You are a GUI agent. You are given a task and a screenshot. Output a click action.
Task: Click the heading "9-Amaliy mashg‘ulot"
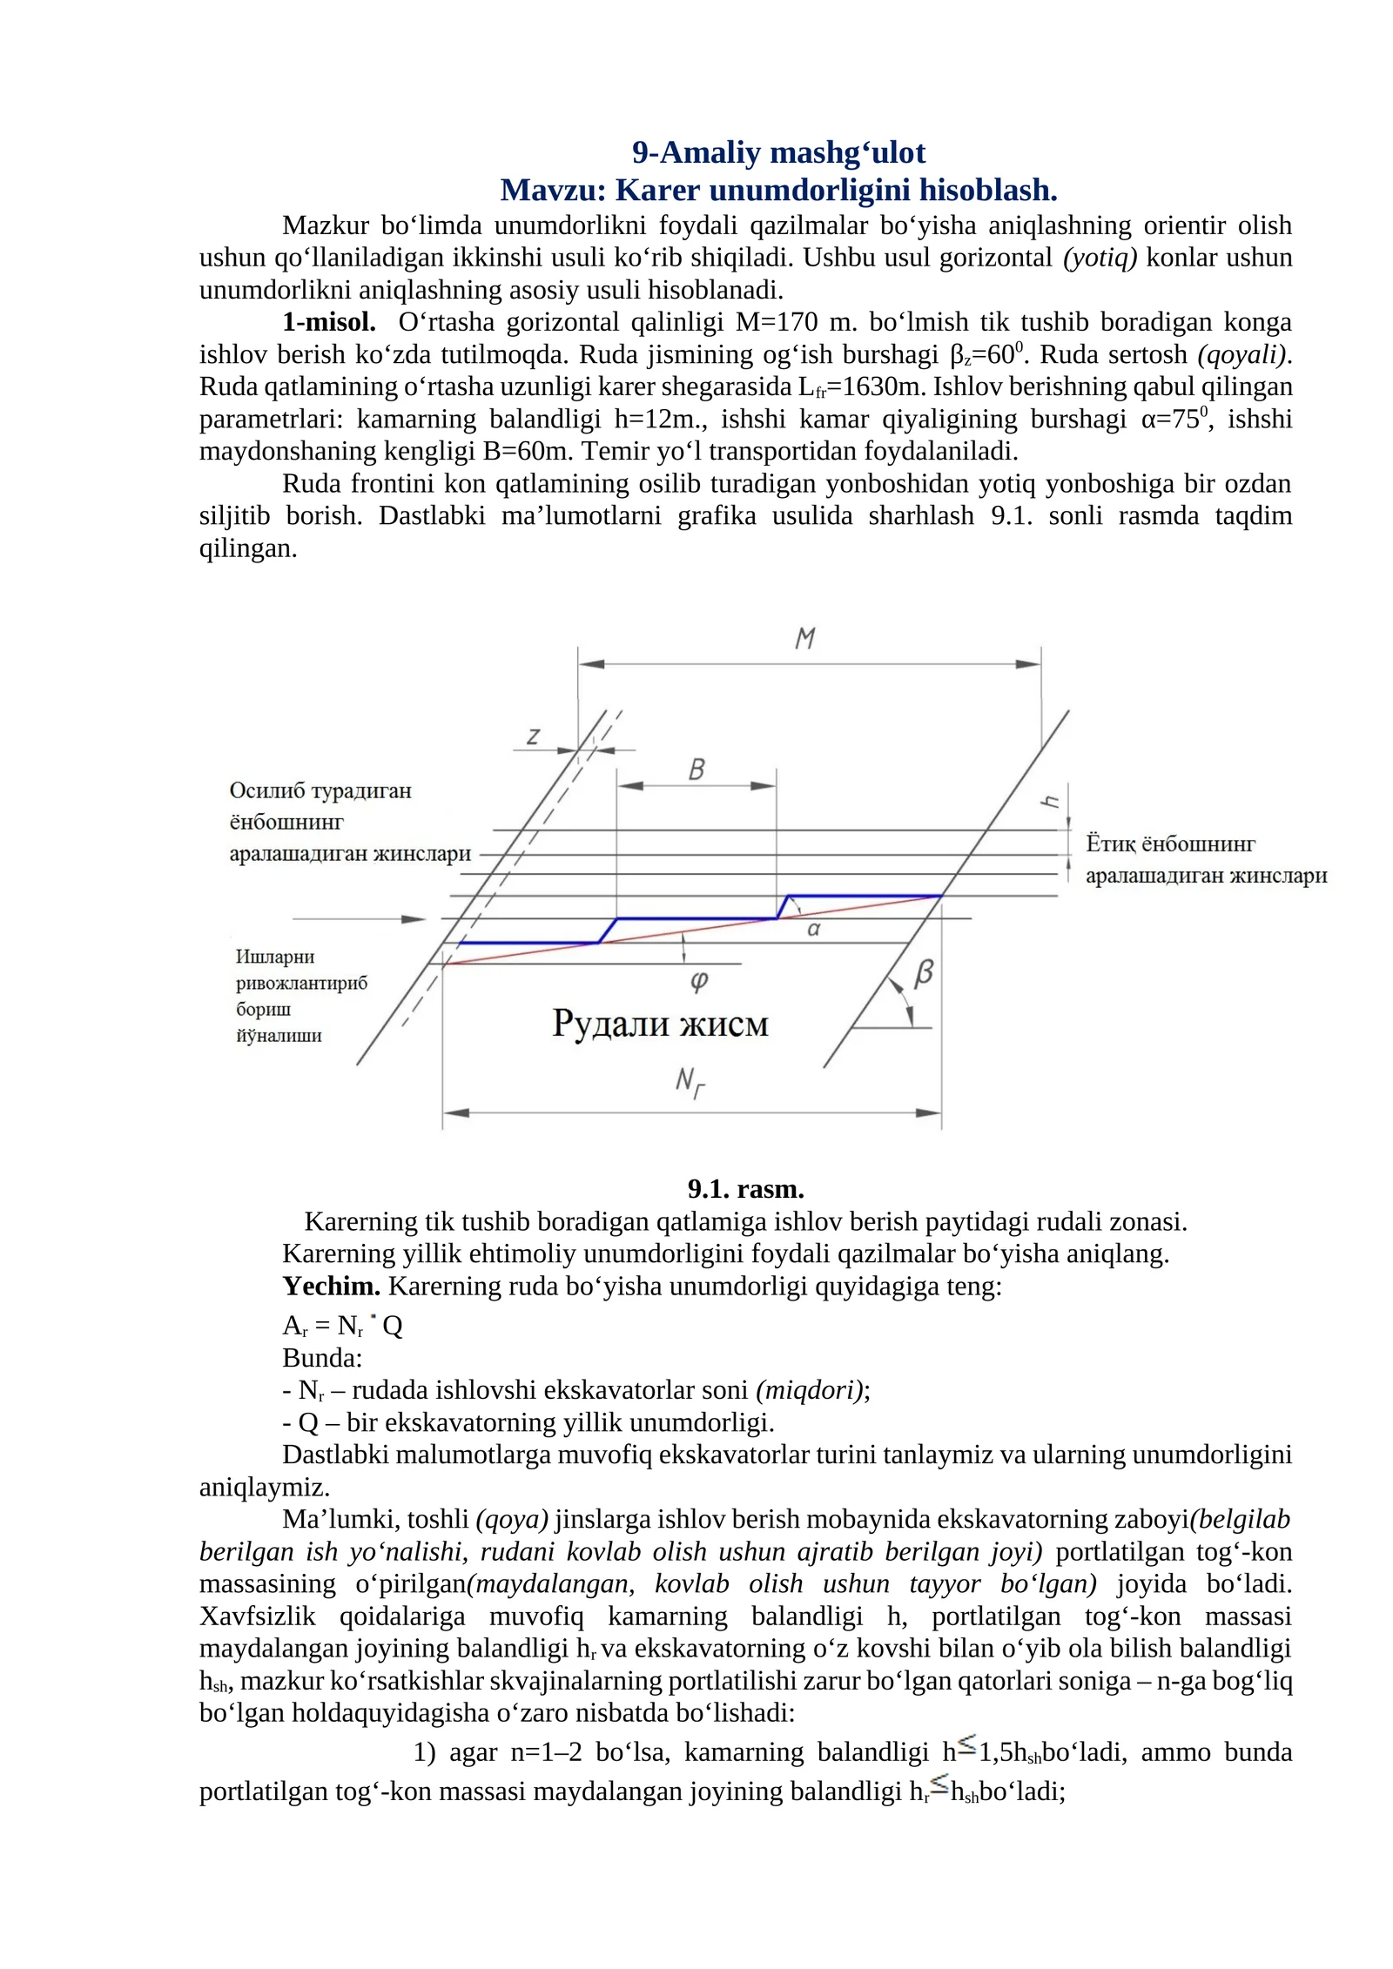778,152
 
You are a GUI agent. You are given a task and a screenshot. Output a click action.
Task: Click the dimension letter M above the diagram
805,638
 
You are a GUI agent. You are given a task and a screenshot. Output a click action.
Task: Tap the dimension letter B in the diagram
696,769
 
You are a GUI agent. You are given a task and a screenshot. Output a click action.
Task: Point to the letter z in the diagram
533,736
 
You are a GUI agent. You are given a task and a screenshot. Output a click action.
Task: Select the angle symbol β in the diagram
924,972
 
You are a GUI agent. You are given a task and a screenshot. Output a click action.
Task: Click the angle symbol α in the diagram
814,929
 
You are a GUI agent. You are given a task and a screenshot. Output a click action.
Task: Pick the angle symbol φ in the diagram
699,981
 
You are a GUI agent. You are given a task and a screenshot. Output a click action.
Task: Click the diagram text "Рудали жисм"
660,1024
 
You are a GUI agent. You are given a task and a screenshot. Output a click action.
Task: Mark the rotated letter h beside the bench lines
1051,801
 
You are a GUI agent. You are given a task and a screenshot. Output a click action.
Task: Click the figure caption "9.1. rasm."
745,1189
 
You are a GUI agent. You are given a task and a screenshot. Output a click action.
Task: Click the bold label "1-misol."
329,322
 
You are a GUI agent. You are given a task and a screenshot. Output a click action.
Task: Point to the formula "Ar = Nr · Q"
342,1326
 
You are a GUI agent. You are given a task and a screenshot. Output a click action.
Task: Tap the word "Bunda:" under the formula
322,1358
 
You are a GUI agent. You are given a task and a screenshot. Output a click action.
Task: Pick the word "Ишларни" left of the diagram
275,957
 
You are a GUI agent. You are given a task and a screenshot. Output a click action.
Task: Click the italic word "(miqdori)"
812,1390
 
